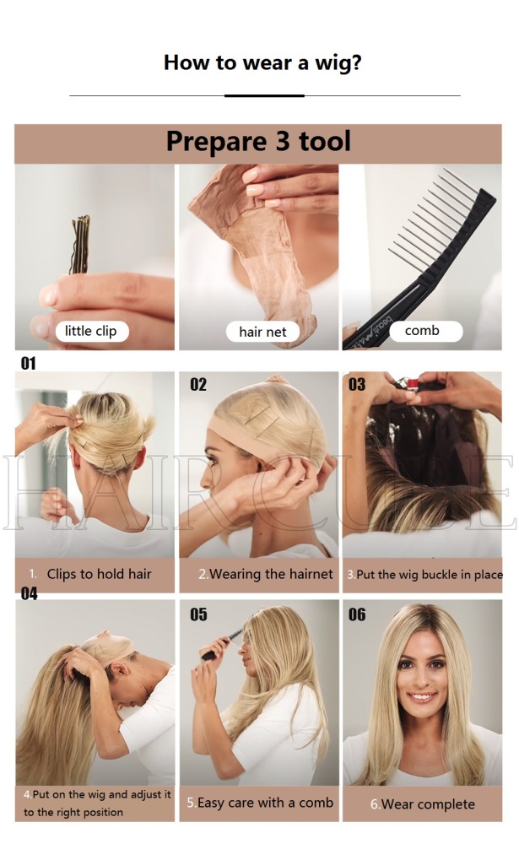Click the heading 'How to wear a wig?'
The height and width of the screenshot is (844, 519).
(262, 63)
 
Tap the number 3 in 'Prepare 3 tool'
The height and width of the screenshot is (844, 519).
(283, 141)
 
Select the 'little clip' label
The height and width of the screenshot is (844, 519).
(91, 331)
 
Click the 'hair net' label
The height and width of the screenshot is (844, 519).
(262, 332)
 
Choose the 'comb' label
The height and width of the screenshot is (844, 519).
(422, 331)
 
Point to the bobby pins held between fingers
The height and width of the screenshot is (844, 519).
(80, 245)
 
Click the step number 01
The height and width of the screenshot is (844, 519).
(29, 363)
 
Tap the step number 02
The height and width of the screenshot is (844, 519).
(198, 384)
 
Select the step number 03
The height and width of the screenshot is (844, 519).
(357, 384)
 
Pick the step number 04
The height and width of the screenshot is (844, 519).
(29, 593)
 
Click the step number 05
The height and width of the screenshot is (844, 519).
(198, 614)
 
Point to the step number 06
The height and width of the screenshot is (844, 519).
(357, 614)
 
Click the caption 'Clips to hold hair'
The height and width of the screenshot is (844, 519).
(99, 574)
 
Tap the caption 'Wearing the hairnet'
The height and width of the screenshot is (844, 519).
(272, 574)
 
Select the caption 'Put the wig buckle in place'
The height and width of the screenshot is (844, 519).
(430, 575)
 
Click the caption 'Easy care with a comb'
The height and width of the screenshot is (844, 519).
(266, 803)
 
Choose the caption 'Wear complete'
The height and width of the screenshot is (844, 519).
(428, 804)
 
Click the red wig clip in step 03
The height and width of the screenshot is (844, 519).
(413, 384)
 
